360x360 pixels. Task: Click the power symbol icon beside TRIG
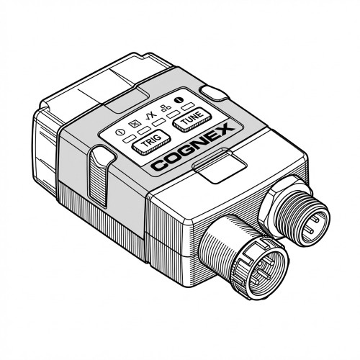[x=120, y=132]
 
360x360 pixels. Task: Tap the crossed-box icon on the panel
[x=134, y=124]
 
